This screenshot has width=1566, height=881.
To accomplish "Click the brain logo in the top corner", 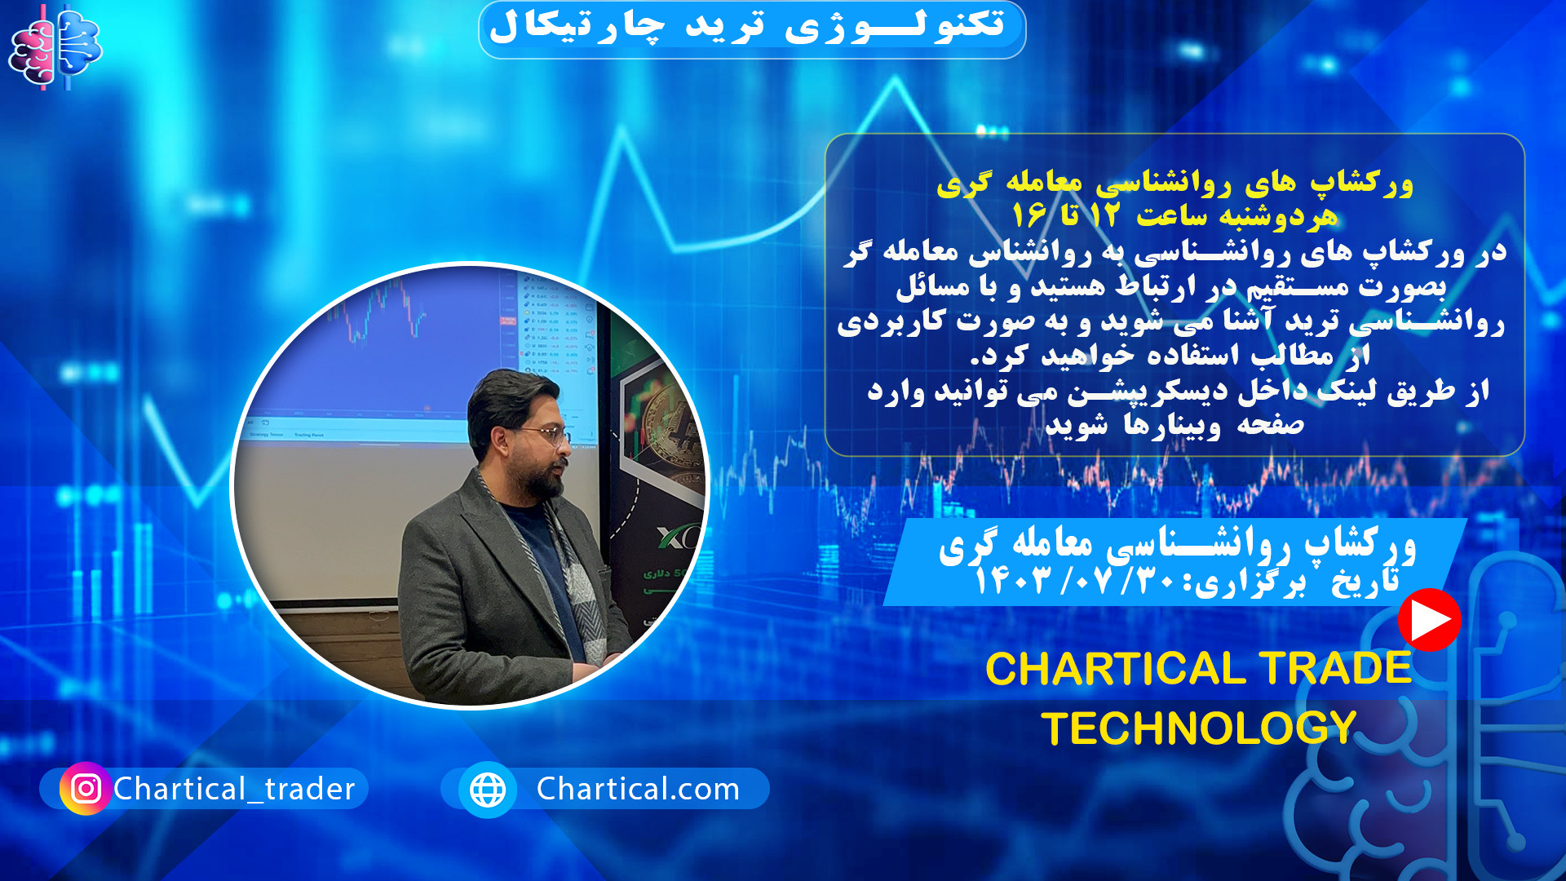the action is [55, 47].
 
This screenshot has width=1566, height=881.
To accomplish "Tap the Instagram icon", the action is [86, 788].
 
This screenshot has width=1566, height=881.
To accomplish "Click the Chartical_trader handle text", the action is [234, 789].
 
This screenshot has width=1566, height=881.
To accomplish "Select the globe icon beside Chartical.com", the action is [488, 789].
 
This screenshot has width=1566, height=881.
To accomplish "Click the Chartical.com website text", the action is [638, 789].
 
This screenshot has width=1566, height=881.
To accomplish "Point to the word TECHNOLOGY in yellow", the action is [1198, 728].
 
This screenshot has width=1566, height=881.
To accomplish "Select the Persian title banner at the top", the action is [751, 29].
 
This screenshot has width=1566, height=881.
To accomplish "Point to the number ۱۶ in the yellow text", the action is [1029, 216].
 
